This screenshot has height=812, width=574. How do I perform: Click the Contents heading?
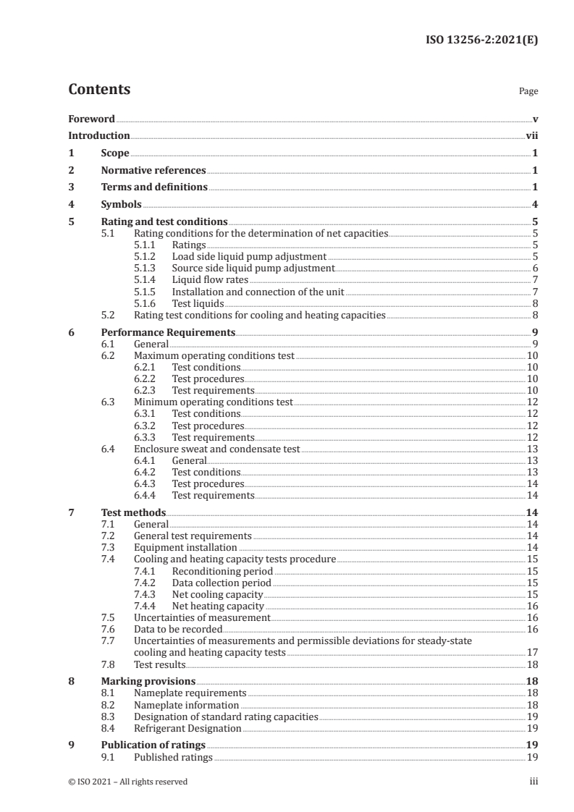pyautogui.click(x=99, y=90)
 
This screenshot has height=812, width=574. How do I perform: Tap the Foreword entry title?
pyautogui.click(x=91, y=119)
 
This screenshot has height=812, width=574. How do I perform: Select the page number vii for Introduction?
pyautogui.click(x=531, y=136)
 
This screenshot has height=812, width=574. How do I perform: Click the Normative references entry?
pyautogui.click(x=153, y=171)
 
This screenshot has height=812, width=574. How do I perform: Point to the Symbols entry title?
pyautogui.click(x=121, y=205)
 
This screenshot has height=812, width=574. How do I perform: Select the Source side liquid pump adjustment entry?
pyautogui.click(x=253, y=268)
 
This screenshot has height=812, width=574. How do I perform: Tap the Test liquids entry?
pyautogui.click(x=198, y=304)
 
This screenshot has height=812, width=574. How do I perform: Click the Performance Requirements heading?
pyautogui.click(x=168, y=333)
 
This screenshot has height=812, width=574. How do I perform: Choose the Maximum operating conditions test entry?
pyautogui.click(x=214, y=356)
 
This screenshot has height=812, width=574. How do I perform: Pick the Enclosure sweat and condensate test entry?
pyautogui.click(x=217, y=449)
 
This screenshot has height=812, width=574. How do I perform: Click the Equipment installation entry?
pyautogui.click(x=185, y=548)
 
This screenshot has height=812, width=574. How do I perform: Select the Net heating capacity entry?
pyautogui.click(x=218, y=606)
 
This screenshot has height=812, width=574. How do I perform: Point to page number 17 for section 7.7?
pyautogui.click(x=532, y=652)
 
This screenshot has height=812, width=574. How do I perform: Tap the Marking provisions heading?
pyautogui.click(x=148, y=682)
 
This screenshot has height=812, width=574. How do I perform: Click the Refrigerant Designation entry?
pyautogui.click(x=187, y=728)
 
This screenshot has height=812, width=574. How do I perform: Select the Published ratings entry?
pyautogui.click(x=173, y=757)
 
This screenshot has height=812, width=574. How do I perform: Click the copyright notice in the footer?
pyautogui.click(x=127, y=782)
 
